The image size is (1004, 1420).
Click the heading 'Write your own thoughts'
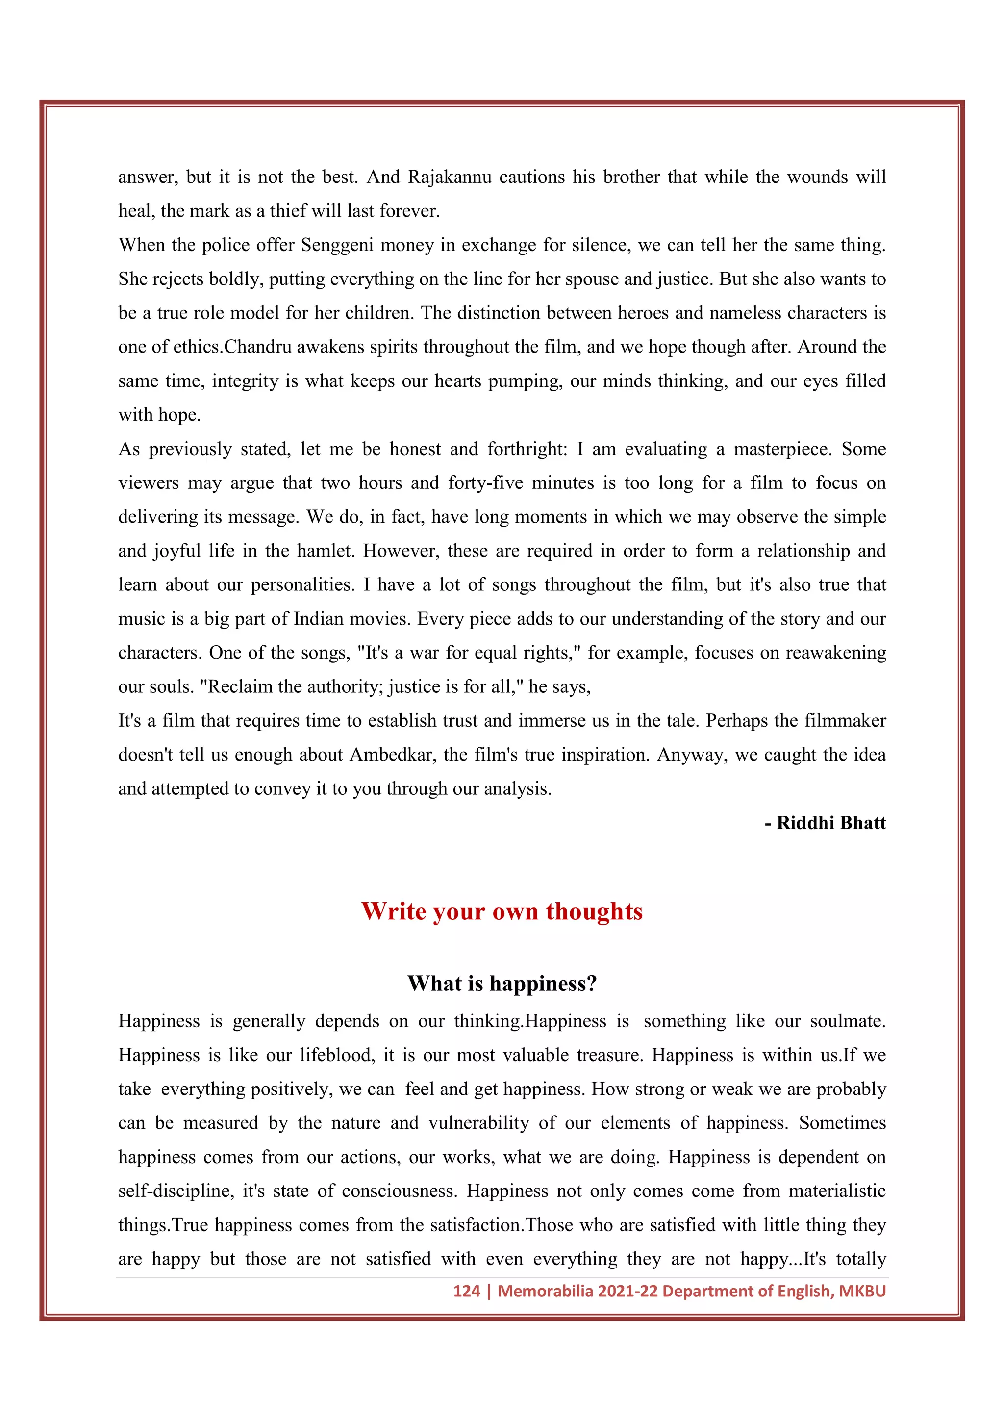pyautogui.click(x=502, y=912)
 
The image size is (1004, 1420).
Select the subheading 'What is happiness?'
pyautogui.click(x=502, y=984)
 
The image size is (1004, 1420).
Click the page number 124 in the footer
pyautogui.click(x=466, y=1292)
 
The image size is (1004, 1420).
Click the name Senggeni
pyautogui.click(x=336, y=246)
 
